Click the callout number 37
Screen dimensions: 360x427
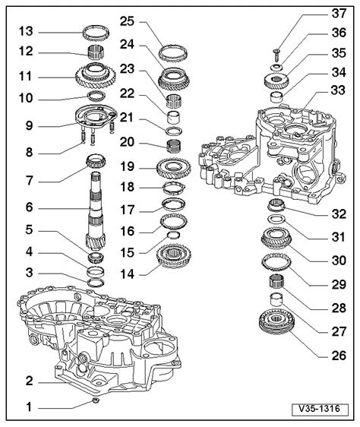pyautogui.click(x=339, y=14)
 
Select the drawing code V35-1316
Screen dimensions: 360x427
pyautogui.click(x=320, y=409)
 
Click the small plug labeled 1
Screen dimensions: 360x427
pyautogui.click(x=96, y=400)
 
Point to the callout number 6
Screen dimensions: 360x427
pyautogui.click(x=29, y=207)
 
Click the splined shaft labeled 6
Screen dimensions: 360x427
pyautogui.click(x=95, y=211)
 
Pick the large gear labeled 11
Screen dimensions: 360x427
pyautogui.click(x=95, y=76)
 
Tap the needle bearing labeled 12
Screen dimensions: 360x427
pyautogui.click(x=96, y=51)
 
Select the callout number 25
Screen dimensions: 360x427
pyautogui.click(x=127, y=21)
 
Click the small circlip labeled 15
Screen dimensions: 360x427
pyautogui.click(x=173, y=235)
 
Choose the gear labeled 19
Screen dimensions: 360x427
pyautogui.click(x=173, y=167)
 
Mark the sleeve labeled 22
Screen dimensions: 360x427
pyautogui.click(x=173, y=117)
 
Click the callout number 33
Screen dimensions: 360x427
pyautogui.click(x=338, y=90)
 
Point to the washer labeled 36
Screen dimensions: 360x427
pyautogui.click(x=277, y=67)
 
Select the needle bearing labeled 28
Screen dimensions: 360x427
pyautogui.click(x=276, y=281)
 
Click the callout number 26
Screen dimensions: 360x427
pyautogui.click(x=339, y=356)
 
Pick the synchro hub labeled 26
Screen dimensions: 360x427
pyautogui.click(x=276, y=321)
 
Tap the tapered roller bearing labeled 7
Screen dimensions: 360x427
pyautogui.click(x=96, y=161)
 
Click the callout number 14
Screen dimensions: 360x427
pyautogui.click(x=127, y=274)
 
